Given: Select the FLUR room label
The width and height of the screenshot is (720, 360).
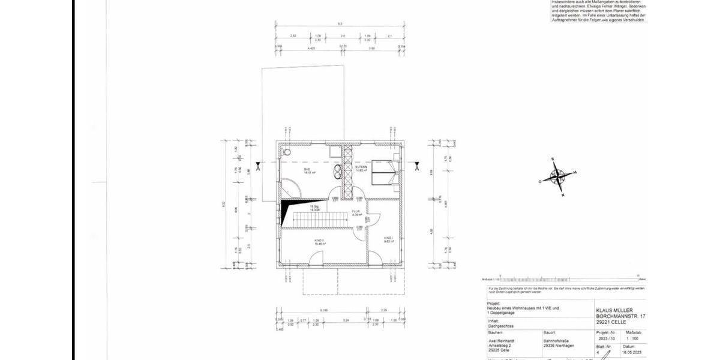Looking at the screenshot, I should tap(356, 212).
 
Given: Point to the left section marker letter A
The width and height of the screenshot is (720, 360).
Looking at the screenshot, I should tap(258, 168).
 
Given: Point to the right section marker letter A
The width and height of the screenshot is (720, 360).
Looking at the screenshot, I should tap(417, 168).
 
